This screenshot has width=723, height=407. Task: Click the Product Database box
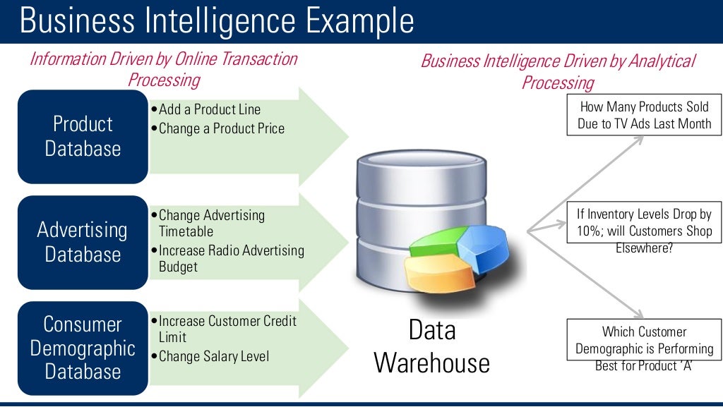click(x=83, y=136)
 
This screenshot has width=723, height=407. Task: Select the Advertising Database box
click(x=83, y=242)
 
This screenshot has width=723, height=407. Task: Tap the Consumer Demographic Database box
click(x=83, y=348)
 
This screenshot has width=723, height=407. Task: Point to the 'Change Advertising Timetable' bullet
click(x=211, y=223)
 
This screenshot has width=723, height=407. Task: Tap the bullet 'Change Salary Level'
click(x=213, y=356)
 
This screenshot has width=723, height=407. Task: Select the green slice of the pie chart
click(x=431, y=240)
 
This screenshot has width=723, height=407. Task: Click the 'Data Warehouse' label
click(x=431, y=346)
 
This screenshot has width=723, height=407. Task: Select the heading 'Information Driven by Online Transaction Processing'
click(x=164, y=68)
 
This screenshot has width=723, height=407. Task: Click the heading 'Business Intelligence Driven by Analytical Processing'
click(x=558, y=71)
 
